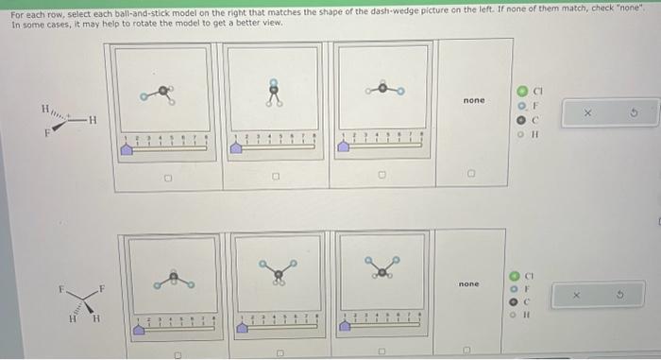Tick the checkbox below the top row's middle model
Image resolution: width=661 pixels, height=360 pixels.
point(276,176)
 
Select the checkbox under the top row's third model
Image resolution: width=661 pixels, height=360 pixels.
point(382,176)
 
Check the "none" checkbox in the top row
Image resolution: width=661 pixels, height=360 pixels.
point(472,176)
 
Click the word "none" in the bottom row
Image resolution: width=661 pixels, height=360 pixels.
point(468,283)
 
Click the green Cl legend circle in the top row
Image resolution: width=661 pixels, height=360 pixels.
point(518,92)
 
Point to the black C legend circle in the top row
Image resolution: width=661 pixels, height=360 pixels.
point(518,120)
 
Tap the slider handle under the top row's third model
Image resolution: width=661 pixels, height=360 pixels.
point(345,148)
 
